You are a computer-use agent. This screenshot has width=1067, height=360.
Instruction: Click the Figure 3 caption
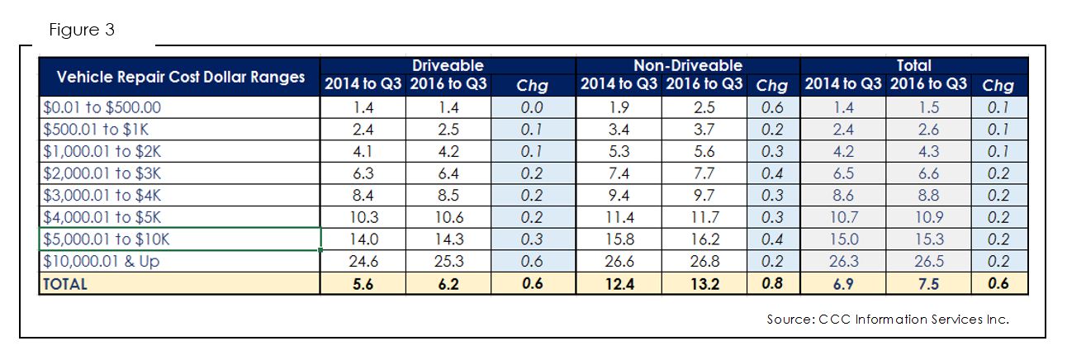[82, 30]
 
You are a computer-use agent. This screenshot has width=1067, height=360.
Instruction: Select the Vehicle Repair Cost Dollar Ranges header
[181, 77]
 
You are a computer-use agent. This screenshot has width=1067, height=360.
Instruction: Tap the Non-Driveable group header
[688, 65]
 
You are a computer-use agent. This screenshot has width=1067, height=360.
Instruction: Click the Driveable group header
[448, 65]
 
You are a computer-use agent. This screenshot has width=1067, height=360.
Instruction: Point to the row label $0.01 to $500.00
[102, 107]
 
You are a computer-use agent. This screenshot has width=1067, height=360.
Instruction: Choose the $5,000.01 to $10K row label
[107, 239]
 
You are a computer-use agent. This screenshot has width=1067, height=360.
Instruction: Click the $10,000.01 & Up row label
[101, 262]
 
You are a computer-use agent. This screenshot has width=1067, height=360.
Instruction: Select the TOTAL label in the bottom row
[65, 284]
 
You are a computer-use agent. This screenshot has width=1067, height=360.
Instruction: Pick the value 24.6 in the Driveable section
[363, 262]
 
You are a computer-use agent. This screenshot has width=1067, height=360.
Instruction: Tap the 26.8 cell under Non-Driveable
[704, 262]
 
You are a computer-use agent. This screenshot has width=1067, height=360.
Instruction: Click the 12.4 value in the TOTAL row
[619, 284]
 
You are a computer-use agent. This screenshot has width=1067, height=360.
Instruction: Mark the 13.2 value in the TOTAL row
[705, 284]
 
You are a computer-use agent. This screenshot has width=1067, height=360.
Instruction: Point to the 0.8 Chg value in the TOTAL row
[772, 284]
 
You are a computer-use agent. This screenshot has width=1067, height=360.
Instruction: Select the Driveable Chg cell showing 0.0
[532, 107]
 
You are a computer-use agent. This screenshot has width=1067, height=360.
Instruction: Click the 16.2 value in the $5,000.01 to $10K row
[705, 239]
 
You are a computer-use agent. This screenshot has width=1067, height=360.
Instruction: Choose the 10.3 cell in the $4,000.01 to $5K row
[363, 218]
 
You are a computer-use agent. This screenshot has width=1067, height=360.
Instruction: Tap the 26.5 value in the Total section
[929, 262]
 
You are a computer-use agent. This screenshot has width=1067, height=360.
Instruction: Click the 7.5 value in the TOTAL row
[929, 284]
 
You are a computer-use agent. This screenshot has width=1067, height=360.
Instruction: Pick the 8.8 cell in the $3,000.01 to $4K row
[929, 196]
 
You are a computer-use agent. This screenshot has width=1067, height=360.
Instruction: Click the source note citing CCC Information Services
[888, 319]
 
